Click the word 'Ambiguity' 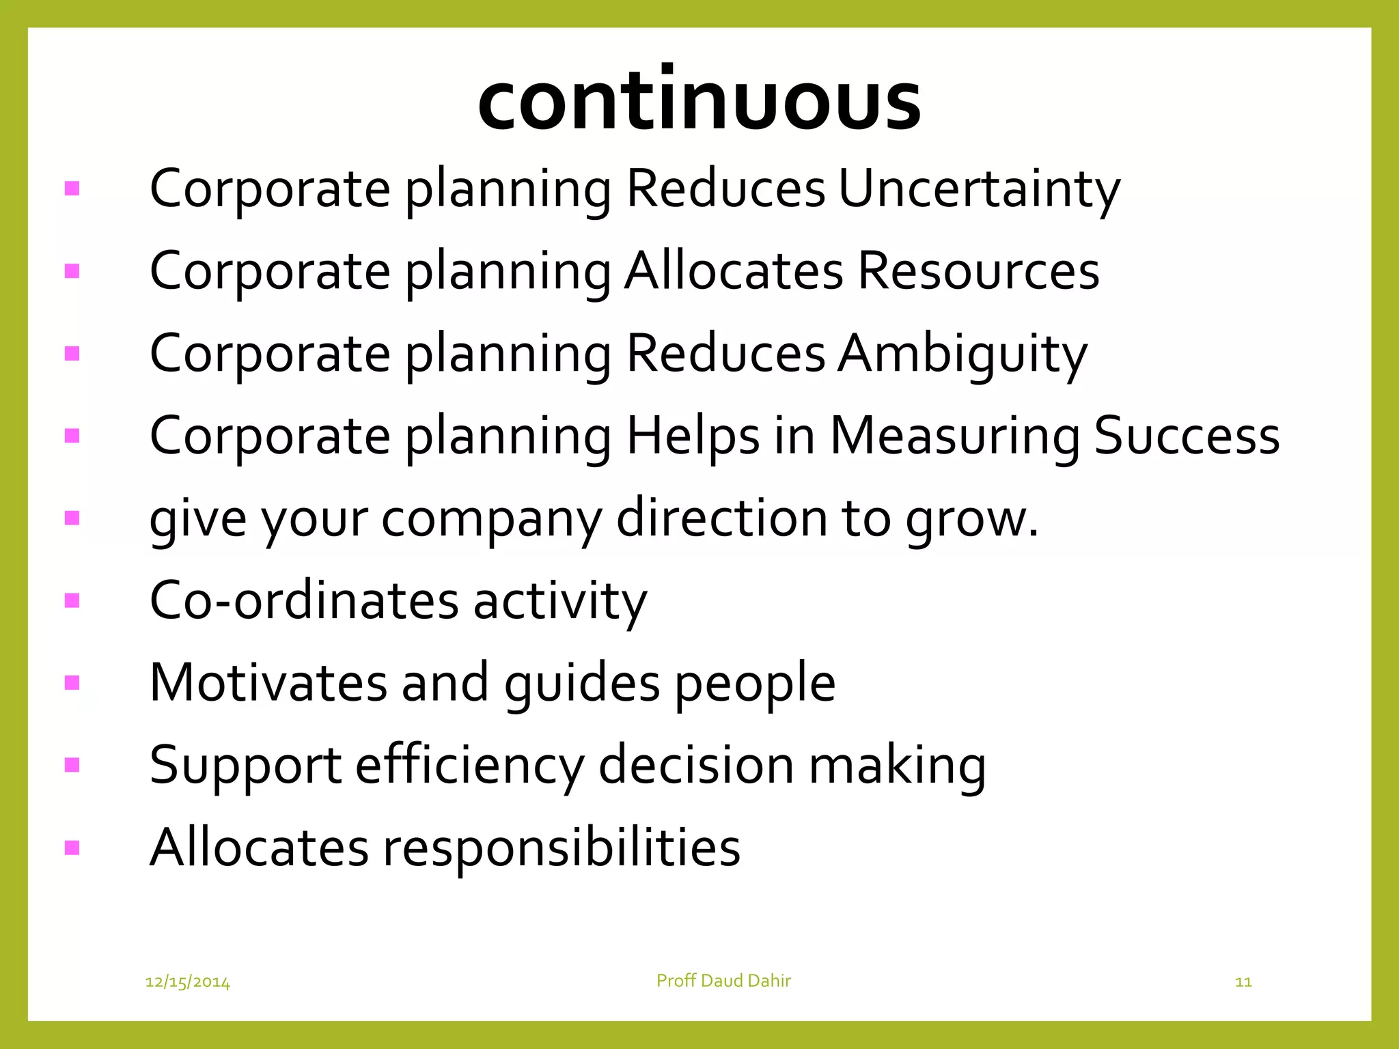coord(962,354)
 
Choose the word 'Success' coord(1187,436)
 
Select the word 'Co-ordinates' coord(304,600)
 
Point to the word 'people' coord(756,684)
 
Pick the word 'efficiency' coord(470,766)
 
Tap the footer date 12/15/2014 coord(188,982)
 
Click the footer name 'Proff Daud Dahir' coord(723,981)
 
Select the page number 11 coord(1243,982)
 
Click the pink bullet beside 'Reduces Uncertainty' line coord(72,188)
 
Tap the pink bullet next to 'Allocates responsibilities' coord(72,848)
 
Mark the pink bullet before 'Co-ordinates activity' coord(72,600)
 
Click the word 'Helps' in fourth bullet coord(693,437)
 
